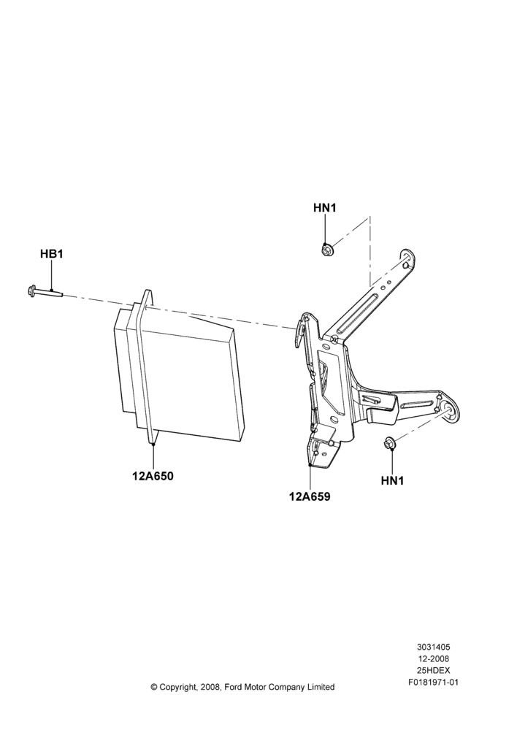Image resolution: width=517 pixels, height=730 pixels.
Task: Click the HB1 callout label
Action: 51,254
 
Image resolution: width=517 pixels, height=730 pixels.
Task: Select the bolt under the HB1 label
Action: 45,291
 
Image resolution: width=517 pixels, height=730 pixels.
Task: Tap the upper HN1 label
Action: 325,207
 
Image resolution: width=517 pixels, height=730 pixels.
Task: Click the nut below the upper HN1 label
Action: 326,250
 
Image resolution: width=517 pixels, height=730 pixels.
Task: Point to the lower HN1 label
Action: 392,480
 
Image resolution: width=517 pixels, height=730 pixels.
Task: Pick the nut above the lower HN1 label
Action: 389,444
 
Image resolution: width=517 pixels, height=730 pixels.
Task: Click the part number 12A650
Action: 153,476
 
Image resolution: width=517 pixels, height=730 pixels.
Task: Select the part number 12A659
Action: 310,496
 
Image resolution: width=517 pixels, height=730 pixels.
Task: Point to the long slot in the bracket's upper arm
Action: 357,313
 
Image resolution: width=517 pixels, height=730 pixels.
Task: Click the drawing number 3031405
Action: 433,647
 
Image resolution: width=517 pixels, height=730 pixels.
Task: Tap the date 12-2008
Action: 433,658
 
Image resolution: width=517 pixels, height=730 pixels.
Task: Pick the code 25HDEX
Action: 433,670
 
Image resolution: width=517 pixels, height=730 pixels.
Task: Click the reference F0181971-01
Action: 433,683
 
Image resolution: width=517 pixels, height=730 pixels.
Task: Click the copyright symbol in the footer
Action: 154,687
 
